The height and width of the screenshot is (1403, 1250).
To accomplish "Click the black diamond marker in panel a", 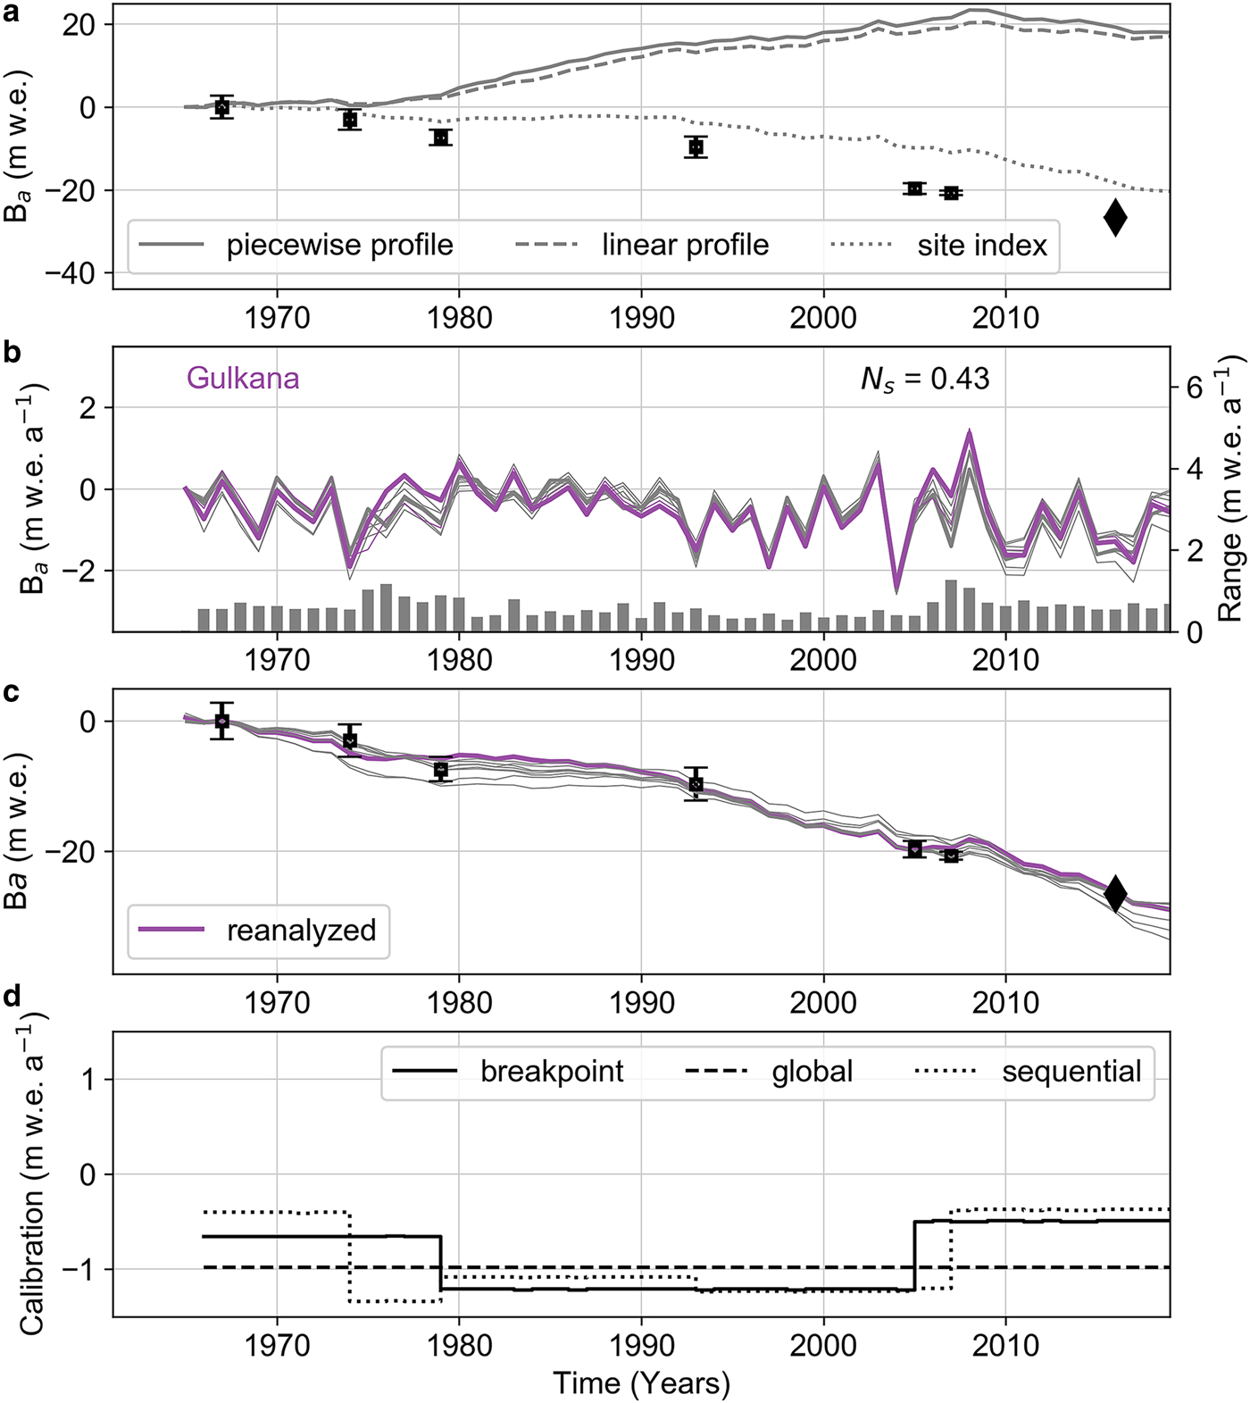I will (x=1115, y=217).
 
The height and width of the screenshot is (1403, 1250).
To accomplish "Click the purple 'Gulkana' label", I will (x=243, y=379).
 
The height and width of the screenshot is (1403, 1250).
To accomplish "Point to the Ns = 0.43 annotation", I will (x=925, y=380).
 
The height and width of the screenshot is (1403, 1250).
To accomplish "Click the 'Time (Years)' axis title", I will (x=641, y=1382).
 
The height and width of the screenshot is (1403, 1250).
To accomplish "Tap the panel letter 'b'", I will (x=12, y=353).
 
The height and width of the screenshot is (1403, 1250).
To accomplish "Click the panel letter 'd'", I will (x=12, y=998).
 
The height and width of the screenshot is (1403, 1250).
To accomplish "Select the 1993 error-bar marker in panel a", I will (x=696, y=146).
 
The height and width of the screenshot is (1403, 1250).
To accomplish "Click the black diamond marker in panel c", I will (x=1115, y=893).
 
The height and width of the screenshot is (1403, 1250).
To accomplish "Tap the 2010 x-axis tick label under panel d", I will (x=1005, y=1345).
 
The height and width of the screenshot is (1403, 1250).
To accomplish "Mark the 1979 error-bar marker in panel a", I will (x=440, y=138).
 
